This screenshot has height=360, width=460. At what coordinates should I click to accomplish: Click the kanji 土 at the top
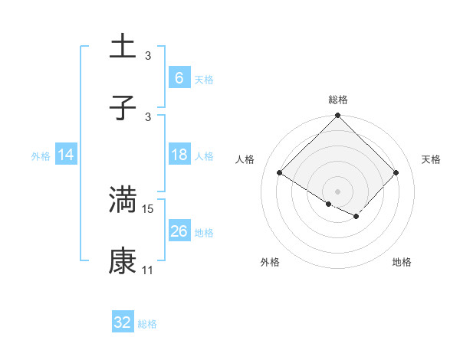pos(123,46)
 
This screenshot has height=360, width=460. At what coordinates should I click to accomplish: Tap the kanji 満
pos(123,199)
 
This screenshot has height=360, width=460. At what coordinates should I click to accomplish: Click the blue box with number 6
pos(179,77)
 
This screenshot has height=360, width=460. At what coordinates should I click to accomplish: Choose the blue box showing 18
pos(179,155)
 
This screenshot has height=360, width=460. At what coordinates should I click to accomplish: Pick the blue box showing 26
pos(179,231)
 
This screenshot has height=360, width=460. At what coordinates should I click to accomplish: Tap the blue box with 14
pos(66,155)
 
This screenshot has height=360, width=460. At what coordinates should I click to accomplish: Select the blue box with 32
pos(123,322)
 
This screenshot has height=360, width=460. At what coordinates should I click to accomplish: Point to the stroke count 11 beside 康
pos(148,271)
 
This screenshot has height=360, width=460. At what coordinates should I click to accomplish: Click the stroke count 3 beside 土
pos(148,55)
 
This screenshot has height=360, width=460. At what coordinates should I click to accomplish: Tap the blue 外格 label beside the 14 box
pos(41,155)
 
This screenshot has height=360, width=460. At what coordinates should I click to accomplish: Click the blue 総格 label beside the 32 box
pos(147,324)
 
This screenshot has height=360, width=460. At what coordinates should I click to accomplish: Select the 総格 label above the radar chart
pos(337,100)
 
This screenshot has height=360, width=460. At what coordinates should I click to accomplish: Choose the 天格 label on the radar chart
pos(432,159)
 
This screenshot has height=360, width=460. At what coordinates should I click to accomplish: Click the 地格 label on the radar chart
pos(402,262)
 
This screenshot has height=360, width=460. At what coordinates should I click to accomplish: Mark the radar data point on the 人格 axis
pos(280,173)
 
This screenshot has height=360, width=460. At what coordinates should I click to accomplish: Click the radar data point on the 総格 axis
pos(337,116)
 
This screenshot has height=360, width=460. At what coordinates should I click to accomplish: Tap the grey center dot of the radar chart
pos(337,191)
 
